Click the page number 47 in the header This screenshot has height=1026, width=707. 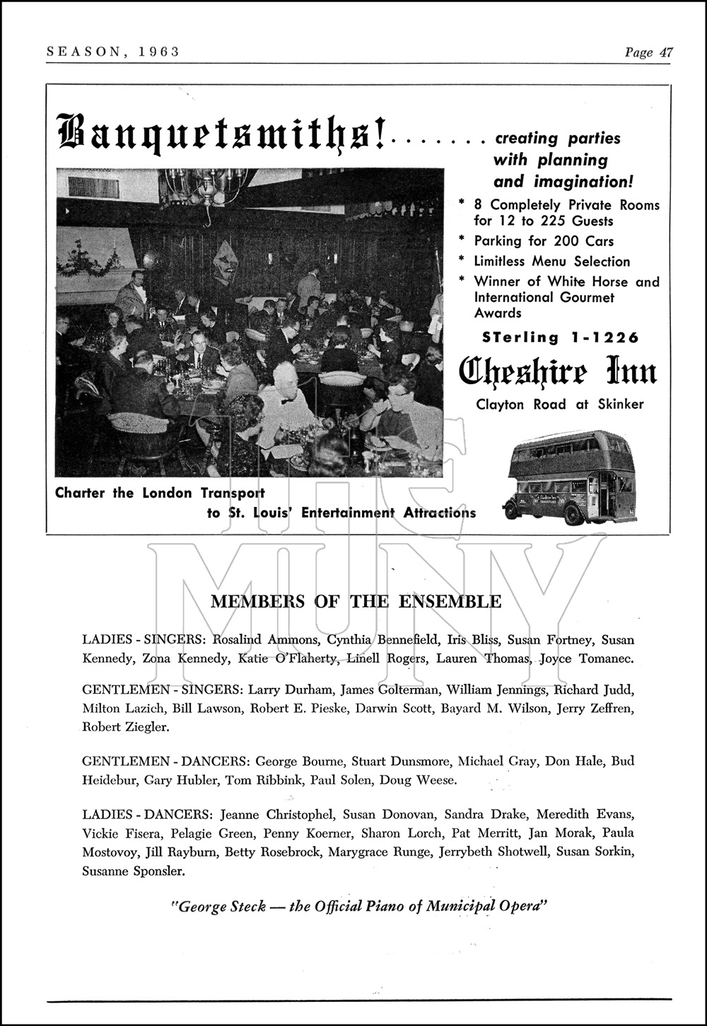[665, 52]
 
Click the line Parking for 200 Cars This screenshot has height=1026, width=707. [543, 241]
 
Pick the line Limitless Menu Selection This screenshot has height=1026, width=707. [551, 262]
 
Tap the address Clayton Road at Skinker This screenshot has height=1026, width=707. [559, 404]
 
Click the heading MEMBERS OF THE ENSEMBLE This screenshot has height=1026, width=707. [356, 602]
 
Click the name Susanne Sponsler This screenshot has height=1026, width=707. [134, 871]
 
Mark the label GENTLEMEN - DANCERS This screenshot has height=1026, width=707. [165, 762]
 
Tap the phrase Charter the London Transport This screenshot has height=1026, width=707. [160, 493]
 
